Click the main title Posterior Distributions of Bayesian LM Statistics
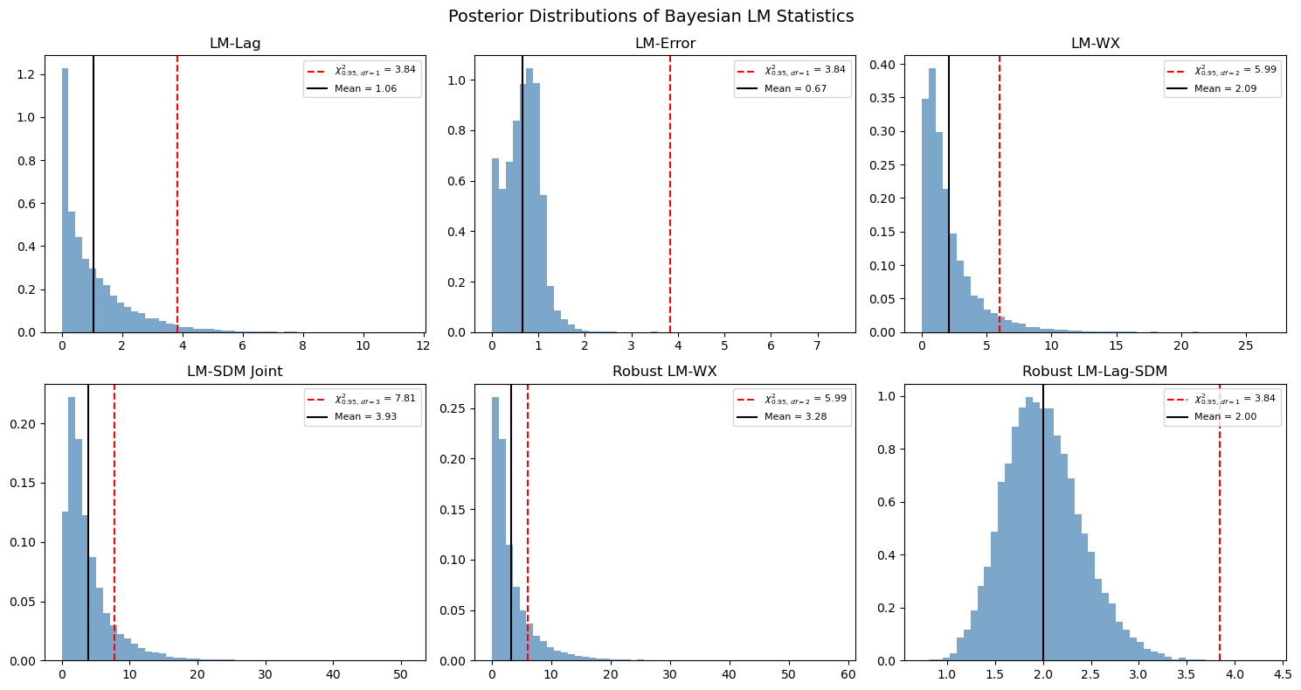point(650,17)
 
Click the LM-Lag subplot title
point(235,44)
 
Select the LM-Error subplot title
point(665,44)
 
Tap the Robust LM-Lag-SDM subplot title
point(1095,372)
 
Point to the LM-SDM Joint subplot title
point(235,372)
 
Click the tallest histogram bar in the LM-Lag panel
point(65,200)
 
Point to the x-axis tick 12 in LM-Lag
point(423,345)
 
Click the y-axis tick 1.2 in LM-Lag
point(27,75)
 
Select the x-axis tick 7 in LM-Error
point(817,345)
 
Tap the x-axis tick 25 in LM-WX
point(1246,345)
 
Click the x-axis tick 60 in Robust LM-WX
point(848,674)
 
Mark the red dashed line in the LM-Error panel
point(670,194)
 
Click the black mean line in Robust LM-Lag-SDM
point(1043,523)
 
